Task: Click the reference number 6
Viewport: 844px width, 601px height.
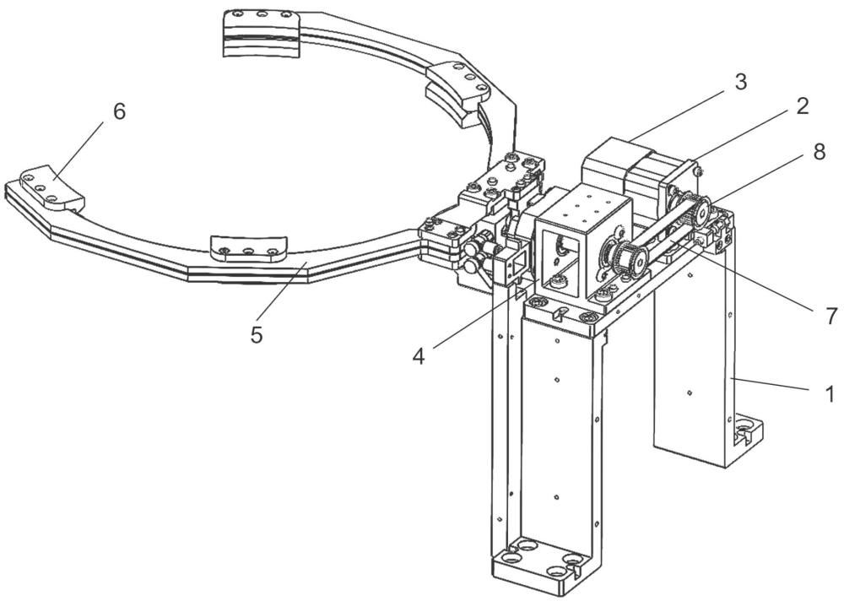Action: tap(119, 111)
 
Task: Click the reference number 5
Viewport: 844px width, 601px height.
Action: tap(257, 334)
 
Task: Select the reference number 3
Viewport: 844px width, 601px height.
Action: tap(740, 82)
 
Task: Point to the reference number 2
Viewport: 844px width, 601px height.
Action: tap(800, 106)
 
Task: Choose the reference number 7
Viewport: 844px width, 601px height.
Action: tap(830, 315)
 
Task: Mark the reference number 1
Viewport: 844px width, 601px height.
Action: tap(830, 392)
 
